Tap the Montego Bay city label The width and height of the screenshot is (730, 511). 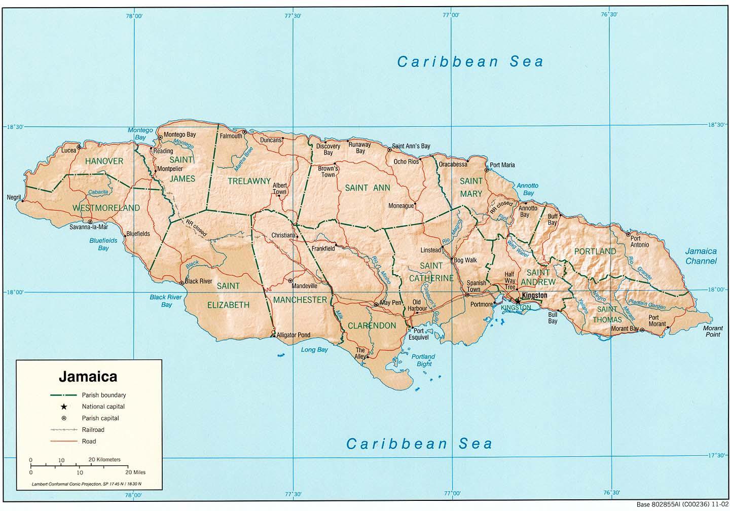179,135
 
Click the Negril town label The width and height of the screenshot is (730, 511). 14,197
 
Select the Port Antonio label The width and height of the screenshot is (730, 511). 639,241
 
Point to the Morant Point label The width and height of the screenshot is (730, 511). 712,331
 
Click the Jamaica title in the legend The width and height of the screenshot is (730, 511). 88,377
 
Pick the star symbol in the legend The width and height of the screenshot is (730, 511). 64,407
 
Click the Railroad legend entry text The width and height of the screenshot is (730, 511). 93,430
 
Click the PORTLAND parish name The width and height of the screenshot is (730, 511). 595,251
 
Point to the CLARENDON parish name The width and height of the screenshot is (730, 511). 372,325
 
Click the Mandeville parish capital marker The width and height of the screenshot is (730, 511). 290,280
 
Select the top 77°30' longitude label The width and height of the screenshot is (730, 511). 293,16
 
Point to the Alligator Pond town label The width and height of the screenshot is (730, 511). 293,335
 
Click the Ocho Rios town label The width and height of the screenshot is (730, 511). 406,162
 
